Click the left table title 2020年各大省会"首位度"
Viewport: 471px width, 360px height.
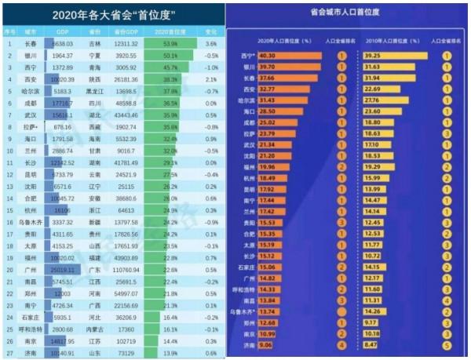(x=114, y=14)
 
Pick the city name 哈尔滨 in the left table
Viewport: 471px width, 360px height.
(x=31, y=91)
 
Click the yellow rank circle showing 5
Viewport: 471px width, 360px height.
(x=447, y=342)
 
